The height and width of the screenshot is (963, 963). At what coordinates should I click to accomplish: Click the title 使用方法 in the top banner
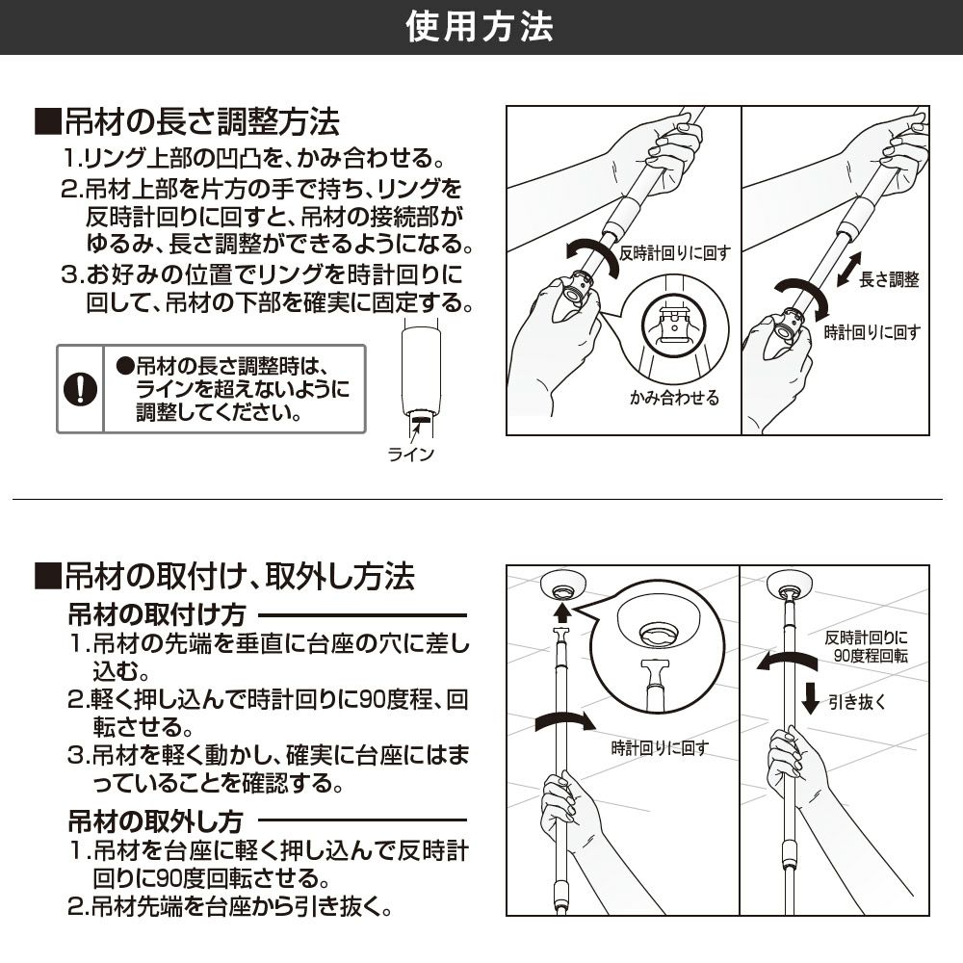(x=480, y=28)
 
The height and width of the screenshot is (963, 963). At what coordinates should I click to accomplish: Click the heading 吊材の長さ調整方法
(x=188, y=121)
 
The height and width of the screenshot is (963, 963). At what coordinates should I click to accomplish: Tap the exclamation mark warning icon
(x=81, y=389)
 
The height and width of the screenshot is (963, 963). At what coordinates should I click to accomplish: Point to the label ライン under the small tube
(x=411, y=454)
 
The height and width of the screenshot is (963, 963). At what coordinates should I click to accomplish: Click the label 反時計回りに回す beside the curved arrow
(x=675, y=253)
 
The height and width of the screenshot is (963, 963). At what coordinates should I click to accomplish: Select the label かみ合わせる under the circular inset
(x=674, y=398)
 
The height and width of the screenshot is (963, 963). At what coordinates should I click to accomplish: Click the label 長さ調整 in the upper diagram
(x=889, y=279)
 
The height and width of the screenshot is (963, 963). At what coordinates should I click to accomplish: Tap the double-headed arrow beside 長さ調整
(x=848, y=270)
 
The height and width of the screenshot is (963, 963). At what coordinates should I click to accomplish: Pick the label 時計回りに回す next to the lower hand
(x=872, y=332)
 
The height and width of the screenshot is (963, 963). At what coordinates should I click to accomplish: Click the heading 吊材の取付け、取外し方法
(x=224, y=577)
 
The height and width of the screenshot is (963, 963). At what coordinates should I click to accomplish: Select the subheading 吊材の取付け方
(x=157, y=614)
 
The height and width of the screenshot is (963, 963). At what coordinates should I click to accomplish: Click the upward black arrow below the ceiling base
(x=561, y=612)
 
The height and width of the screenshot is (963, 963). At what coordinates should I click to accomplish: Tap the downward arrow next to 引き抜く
(x=811, y=698)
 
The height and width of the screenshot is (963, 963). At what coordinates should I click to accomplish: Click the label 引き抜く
(x=857, y=701)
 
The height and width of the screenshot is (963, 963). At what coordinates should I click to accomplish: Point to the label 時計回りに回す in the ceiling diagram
(x=661, y=748)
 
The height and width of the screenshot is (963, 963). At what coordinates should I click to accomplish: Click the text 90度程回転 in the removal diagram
(x=871, y=656)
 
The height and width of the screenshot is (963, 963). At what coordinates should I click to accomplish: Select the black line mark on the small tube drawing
(x=422, y=419)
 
